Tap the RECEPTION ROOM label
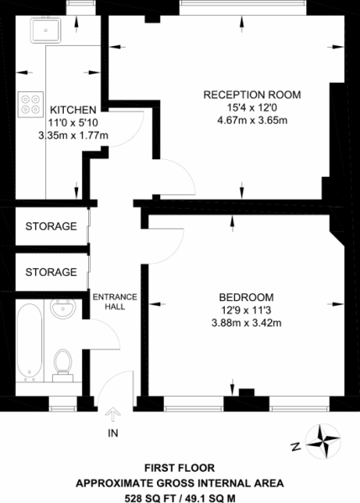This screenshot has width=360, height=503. coord(252,94)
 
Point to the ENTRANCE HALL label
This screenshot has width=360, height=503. coord(109,302)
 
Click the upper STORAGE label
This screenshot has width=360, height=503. coord(51,226)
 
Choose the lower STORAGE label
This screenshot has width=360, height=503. coord(51,272)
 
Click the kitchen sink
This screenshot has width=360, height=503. coord(42,32)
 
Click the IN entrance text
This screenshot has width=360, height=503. coord(112,433)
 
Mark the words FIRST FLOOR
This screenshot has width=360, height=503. coord(180,468)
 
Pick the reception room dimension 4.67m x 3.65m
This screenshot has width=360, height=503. coord(252,120)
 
